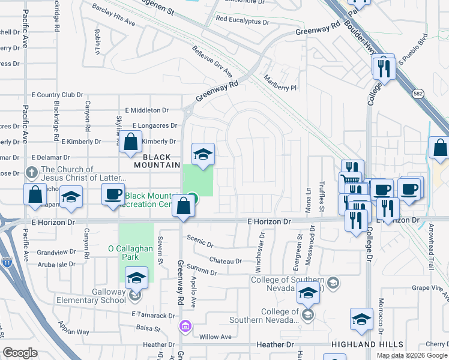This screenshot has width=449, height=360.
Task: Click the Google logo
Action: pos(20,353)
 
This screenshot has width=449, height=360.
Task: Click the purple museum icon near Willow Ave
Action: pos(185,326)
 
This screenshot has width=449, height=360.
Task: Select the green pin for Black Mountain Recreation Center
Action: pos(192,197)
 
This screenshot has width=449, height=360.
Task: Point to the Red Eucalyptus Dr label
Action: pos(243,20)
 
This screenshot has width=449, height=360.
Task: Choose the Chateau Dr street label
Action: pos(225,260)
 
